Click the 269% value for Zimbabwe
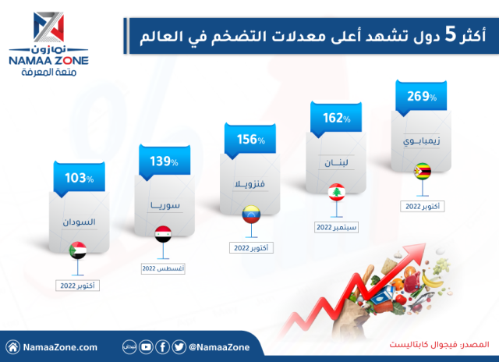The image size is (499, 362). pyautogui.click(x=421, y=98)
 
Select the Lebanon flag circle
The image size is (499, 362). pyautogui.click(x=335, y=192)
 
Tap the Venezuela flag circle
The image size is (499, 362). pyautogui.click(x=250, y=212)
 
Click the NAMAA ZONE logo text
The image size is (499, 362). pyautogui.click(x=48, y=59)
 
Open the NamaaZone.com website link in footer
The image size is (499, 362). pyautogui.click(x=59, y=346)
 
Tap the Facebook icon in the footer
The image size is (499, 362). pyautogui.click(x=162, y=346)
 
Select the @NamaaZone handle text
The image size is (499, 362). pyautogui.click(x=218, y=346)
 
